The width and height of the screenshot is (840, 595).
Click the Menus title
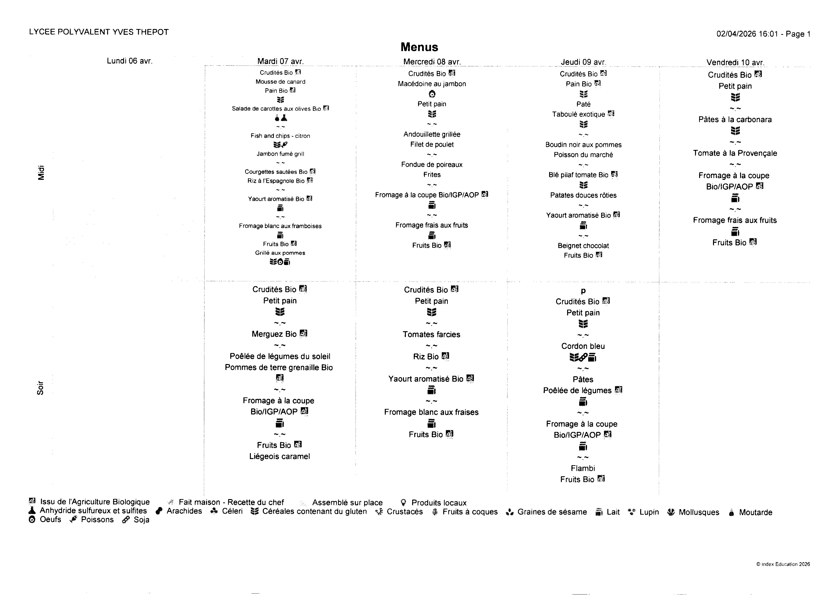point(419,47)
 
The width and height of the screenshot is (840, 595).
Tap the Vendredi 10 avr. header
point(735,62)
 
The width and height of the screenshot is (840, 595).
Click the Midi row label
point(41,173)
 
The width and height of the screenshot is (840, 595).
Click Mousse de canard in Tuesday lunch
point(280,82)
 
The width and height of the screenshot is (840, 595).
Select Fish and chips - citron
point(280,136)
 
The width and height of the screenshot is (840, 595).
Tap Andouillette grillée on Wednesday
point(432,135)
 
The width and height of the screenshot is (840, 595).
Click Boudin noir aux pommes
point(583,145)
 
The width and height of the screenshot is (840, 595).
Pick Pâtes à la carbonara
point(735,119)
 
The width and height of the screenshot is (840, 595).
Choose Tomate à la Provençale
point(735,153)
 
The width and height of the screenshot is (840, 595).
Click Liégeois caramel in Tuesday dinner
point(280,457)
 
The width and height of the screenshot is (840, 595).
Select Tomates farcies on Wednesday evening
point(432,335)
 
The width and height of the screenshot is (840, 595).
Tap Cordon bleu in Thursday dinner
point(583,346)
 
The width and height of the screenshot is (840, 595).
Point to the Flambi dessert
point(583,468)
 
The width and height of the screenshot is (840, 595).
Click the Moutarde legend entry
point(755,513)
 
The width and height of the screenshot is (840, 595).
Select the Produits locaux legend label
point(439,503)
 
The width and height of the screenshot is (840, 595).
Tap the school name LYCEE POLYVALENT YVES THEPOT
point(99,32)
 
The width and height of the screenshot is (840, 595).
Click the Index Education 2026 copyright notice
point(783,564)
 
